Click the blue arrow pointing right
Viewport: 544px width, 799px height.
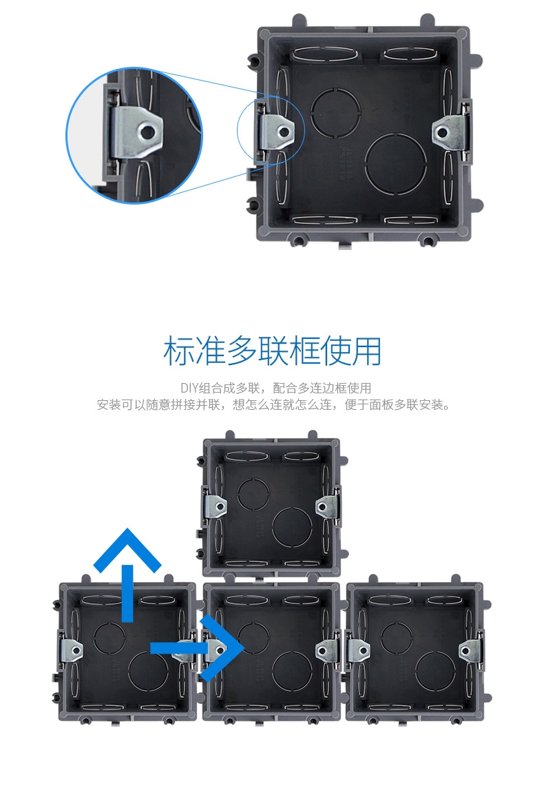(x=204, y=647)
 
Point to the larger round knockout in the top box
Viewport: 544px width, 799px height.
(x=395, y=163)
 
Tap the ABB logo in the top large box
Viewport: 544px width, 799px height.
(x=346, y=163)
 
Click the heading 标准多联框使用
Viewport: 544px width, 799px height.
(x=272, y=351)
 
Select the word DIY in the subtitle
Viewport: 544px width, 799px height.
(x=189, y=388)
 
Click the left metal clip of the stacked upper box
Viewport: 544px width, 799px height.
(x=214, y=506)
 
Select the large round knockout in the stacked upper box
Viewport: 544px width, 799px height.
(x=292, y=528)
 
